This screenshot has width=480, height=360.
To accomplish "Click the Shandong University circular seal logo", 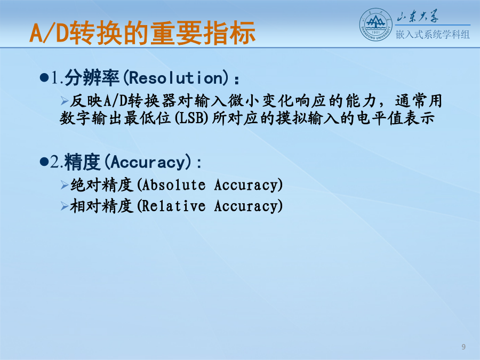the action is [x=375, y=25].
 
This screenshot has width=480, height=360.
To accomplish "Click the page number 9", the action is [x=463, y=347].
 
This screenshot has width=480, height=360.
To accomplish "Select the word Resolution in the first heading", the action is [x=177, y=78].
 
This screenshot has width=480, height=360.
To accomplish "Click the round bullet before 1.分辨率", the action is [x=44, y=78].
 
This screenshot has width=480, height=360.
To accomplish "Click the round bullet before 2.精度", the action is [x=44, y=162].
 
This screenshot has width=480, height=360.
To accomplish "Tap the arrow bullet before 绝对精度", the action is [x=65, y=185].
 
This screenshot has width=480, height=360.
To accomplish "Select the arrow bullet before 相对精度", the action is [x=65, y=206].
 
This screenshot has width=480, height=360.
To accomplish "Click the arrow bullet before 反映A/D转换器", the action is [x=65, y=100].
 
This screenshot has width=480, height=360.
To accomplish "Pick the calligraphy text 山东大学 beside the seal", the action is [x=418, y=16].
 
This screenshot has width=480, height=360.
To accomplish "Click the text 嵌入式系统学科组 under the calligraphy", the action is [x=433, y=34].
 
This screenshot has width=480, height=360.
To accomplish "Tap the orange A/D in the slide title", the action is [x=49, y=33].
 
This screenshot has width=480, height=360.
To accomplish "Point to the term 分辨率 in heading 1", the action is [x=92, y=78].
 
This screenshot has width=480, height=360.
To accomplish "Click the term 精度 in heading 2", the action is [x=82, y=162].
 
